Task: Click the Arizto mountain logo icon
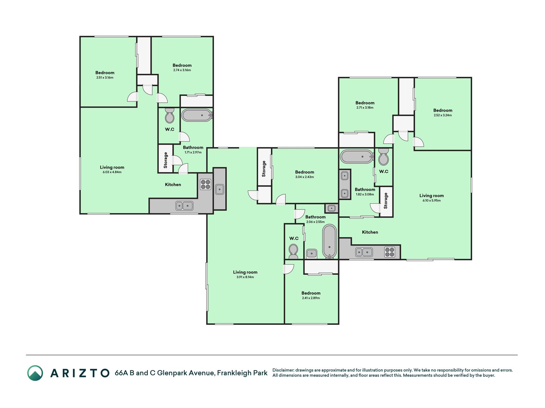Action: point(35,373)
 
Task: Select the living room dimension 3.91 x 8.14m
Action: point(245,277)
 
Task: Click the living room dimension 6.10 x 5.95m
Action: point(432,200)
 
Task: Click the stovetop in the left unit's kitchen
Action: point(205,184)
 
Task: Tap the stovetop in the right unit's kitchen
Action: point(390,252)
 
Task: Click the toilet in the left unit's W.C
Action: point(170,115)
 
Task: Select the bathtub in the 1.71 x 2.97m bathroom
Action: point(197,115)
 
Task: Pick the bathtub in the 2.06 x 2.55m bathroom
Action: point(329,242)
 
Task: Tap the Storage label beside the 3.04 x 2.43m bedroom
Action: point(264,169)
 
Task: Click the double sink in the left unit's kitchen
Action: point(184,206)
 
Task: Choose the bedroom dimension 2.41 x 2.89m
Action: point(311,298)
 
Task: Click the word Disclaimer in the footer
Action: point(283,370)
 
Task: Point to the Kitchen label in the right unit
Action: point(370,232)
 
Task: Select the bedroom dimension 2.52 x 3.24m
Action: point(443,115)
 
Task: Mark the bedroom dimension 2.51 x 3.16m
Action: point(105,77)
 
